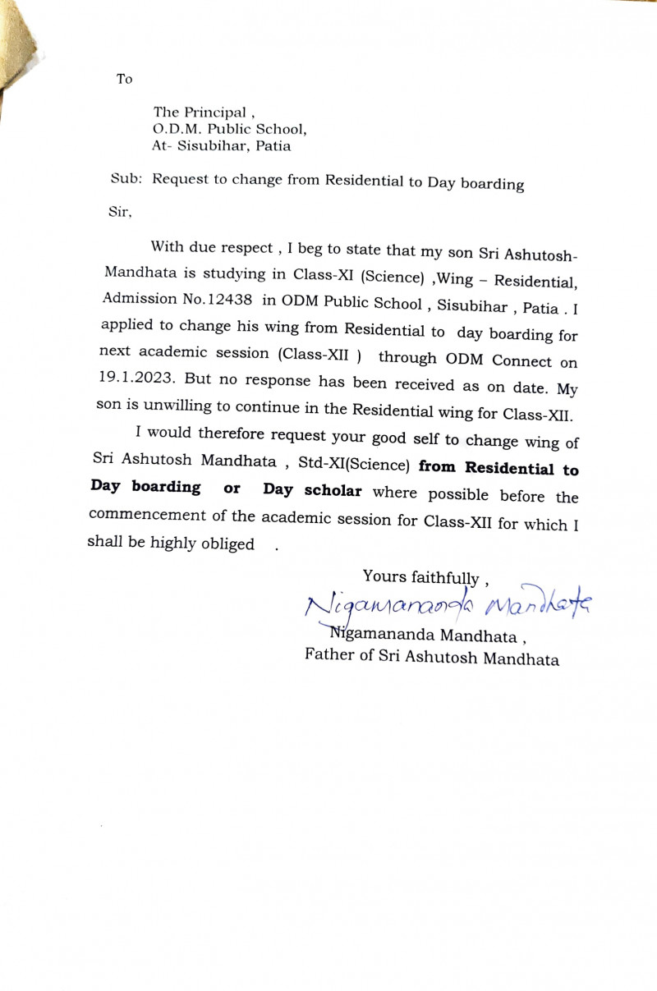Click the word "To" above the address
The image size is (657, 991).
(x=124, y=80)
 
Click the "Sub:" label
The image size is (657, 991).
(x=127, y=178)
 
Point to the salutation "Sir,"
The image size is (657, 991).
(x=120, y=211)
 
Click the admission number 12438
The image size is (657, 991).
(x=223, y=301)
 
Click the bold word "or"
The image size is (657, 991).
(x=232, y=489)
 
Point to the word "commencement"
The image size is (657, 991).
(x=141, y=514)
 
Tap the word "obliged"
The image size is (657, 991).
(x=227, y=544)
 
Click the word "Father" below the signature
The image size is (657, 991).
(x=331, y=655)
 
